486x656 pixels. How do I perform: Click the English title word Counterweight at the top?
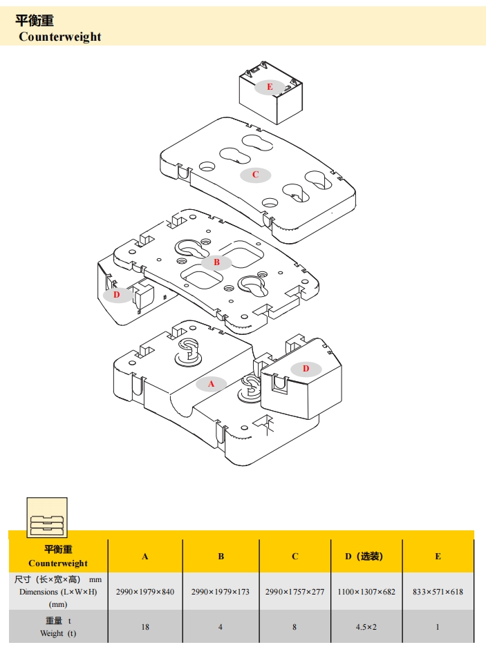(x=59, y=37)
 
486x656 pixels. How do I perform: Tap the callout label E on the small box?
(x=270, y=87)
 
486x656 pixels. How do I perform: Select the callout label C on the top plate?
(x=255, y=175)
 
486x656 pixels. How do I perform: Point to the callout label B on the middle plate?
(x=216, y=262)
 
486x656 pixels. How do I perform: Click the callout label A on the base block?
(x=212, y=384)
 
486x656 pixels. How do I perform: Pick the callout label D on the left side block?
(x=117, y=295)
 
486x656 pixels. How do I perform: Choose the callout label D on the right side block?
(x=306, y=369)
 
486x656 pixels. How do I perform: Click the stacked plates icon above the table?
(x=47, y=517)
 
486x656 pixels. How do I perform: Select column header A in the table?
(x=145, y=557)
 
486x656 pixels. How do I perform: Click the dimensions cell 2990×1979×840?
(x=145, y=592)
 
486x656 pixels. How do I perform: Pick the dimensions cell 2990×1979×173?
(x=221, y=592)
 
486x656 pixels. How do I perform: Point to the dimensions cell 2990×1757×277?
(x=295, y=592)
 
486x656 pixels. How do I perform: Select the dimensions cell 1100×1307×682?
(x=366, y=592)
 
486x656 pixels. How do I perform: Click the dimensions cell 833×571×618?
(x=438, y=592)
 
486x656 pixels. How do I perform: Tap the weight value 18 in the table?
(x=145, y=627)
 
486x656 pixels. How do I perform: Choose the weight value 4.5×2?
(x=366, y=627)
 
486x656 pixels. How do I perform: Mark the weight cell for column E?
(x=438, y=627)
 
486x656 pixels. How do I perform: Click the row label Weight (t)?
(x=58, y=633)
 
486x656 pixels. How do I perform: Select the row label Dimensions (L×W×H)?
(x=58, y=592)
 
